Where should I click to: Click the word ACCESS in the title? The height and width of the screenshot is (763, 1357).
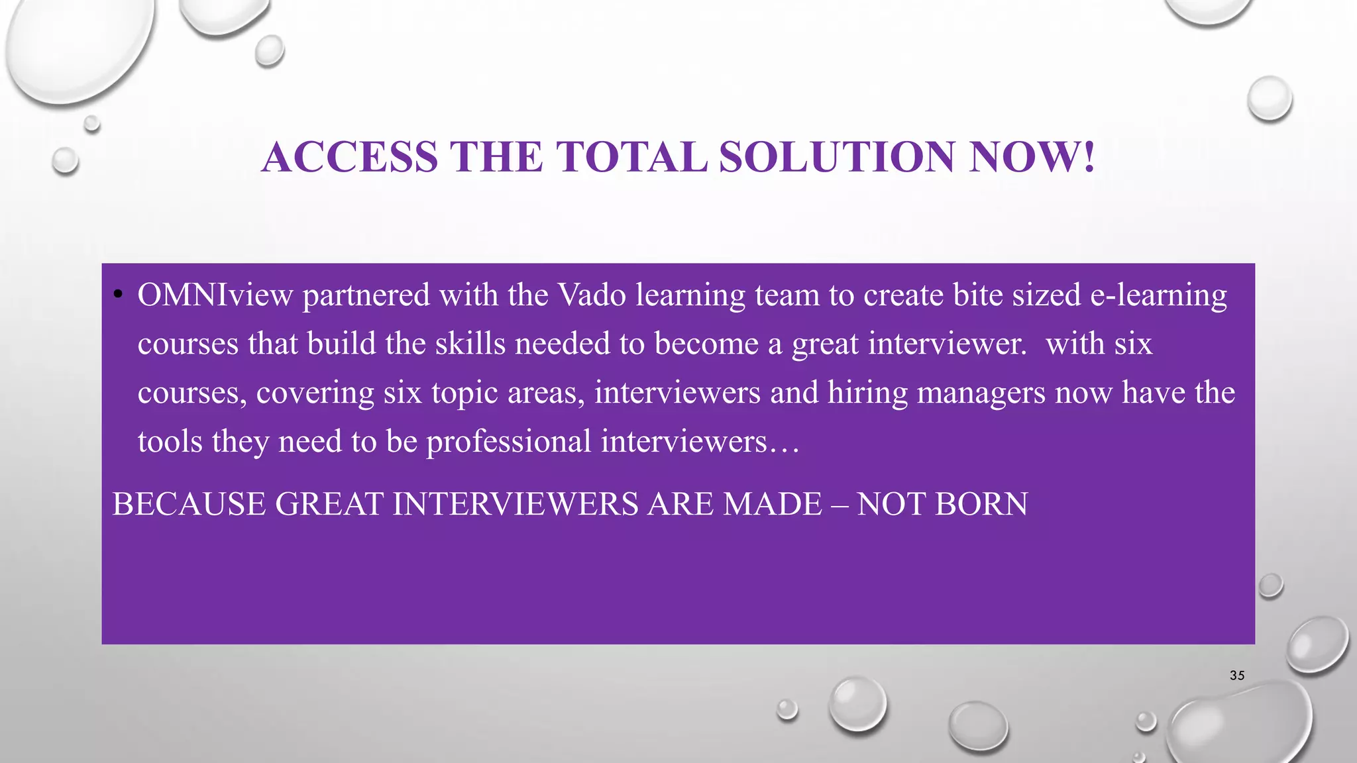[x=350, y=158]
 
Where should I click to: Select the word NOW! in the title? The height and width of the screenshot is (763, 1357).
[x=1032, y=158]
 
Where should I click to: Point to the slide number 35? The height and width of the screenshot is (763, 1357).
[x=1237, y=676]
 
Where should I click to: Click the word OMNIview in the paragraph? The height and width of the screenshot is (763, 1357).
[x=215, y=295]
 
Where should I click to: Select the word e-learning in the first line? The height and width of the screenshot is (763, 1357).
[x=1158, y=295]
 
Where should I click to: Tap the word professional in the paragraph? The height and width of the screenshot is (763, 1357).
[x=508, y=442]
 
